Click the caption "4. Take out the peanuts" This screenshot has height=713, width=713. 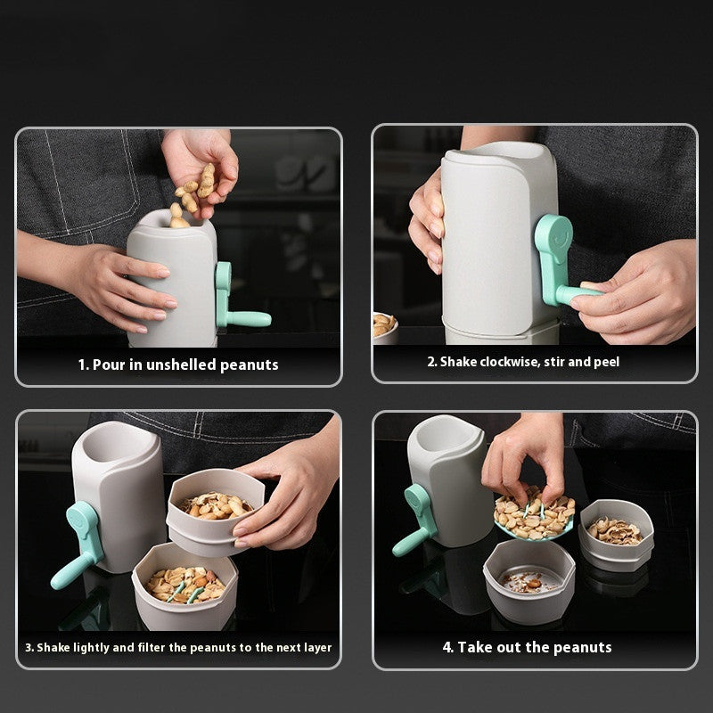(527, 647)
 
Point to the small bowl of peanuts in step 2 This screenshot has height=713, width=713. (384, 326)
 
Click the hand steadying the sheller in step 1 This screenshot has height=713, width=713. (134, 285)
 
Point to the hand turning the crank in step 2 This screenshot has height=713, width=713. (633, 299)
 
